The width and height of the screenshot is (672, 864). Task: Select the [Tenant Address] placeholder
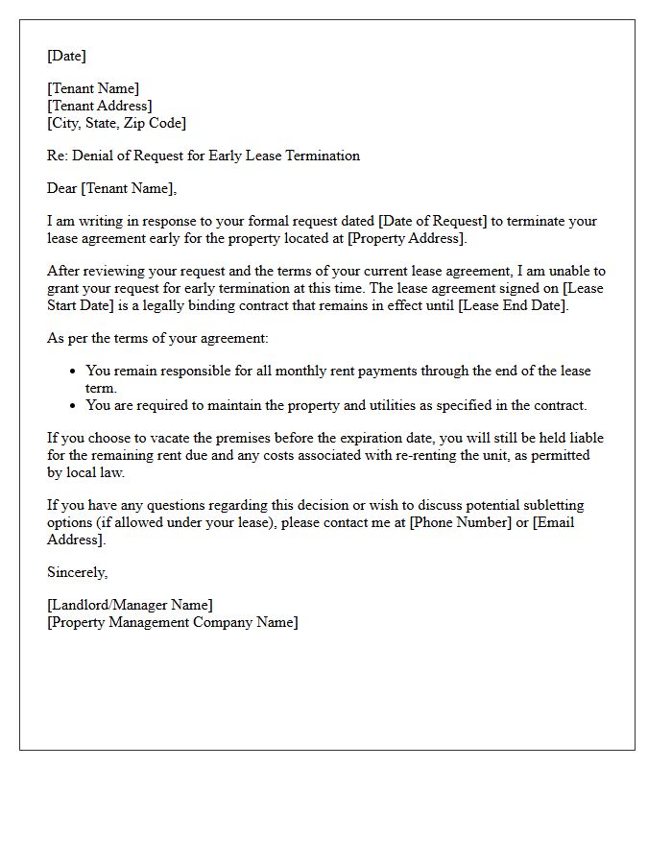coord(99,106)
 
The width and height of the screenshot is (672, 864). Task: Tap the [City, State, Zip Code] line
coord(116,123)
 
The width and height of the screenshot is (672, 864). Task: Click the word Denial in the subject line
coord(92,156)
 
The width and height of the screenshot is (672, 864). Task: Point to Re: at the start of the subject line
coord(57,156)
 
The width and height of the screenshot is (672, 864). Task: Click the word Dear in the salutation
coord(62,188)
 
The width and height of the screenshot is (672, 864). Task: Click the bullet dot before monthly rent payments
coord(74,372)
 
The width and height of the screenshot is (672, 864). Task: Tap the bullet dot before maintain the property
coord(74,406)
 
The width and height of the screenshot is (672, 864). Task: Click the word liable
coord(585,438)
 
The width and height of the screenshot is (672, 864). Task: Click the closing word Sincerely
coord(77,572)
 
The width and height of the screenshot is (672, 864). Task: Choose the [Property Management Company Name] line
coord(173,622)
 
